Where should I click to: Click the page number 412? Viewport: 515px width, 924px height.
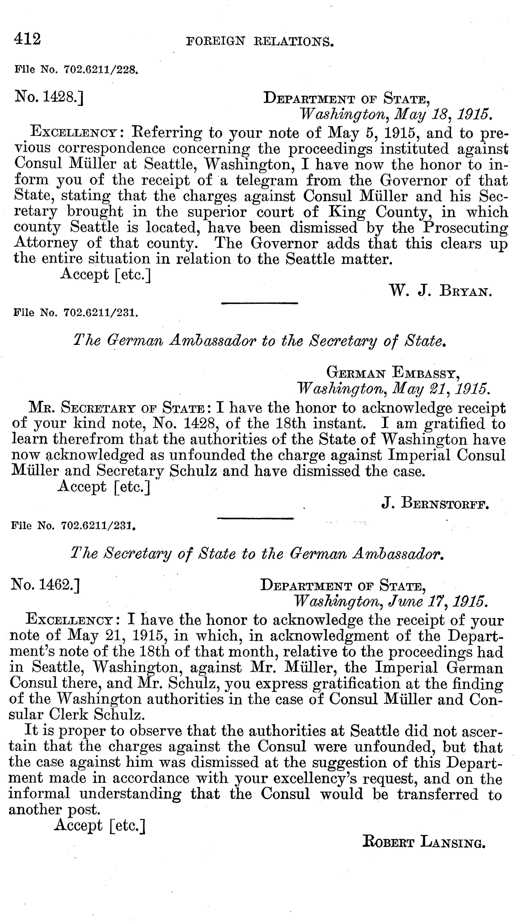[x=28, y=39]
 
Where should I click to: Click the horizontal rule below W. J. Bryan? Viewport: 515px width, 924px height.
[x=259, y=303]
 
